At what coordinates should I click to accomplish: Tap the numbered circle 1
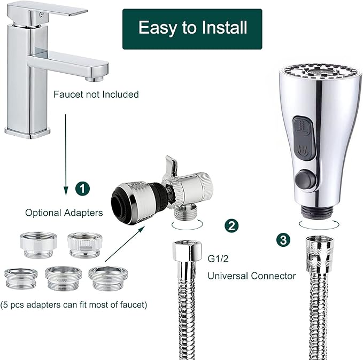(x=82, y=188)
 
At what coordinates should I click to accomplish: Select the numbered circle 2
(x=231, y=225)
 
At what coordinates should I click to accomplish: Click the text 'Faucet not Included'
(x=96, y=95)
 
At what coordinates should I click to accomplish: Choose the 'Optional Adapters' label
(x=64, y=212)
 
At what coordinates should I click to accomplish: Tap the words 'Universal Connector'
(x=251, y=276)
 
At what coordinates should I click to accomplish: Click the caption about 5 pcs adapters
(x=75, y=305)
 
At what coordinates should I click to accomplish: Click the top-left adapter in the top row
(x=38, y=244)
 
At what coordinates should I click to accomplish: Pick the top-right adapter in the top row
(x=83, y=245)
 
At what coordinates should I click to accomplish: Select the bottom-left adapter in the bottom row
(x=21, y=278)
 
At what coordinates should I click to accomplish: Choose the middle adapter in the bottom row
(x=63, y=277)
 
